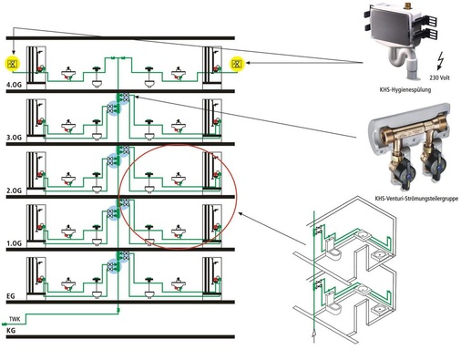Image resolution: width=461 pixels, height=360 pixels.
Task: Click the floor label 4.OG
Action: pos(14,85)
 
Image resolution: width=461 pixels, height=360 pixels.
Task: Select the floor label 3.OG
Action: pos(14,138)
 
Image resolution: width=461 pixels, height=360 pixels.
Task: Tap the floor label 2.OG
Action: pos(14,190)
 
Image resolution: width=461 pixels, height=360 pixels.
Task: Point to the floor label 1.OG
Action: pos(14,243)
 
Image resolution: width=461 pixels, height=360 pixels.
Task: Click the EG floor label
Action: pos(11,296)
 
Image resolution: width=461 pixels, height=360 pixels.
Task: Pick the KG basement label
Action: pos(11,330)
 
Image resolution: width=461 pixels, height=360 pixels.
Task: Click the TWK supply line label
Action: pos(15,319)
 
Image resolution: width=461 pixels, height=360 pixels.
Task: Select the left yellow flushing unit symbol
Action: pos(13,64)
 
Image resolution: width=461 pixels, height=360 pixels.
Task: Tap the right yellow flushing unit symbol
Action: pos(237,64)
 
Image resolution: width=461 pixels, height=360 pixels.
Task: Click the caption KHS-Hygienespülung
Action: pos(405,90)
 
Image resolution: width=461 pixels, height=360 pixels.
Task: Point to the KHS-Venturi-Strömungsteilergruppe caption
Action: pos(416,199)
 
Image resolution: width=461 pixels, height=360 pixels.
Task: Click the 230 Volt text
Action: pos(439,77)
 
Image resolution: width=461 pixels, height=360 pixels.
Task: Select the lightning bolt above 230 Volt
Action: pos(440,61)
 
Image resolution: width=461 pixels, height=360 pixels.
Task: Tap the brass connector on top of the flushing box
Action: pos(408,6)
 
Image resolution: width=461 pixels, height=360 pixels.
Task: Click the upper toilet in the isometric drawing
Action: pos(332,248)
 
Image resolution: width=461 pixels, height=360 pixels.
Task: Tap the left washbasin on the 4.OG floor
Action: pos(68,74)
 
